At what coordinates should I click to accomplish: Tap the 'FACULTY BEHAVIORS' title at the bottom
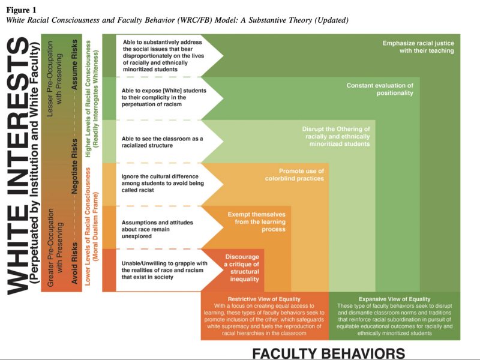(328, 352)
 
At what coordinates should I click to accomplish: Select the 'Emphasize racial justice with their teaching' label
(418, 47)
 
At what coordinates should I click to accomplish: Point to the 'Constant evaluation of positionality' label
(380, 89)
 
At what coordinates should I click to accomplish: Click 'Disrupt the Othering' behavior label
(336, 136)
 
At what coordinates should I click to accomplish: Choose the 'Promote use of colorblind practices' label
(294, 175)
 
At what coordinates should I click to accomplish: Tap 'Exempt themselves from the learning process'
(256, 221)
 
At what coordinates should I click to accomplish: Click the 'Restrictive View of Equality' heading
(265, 299)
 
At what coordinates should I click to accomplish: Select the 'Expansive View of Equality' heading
(394, 299)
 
